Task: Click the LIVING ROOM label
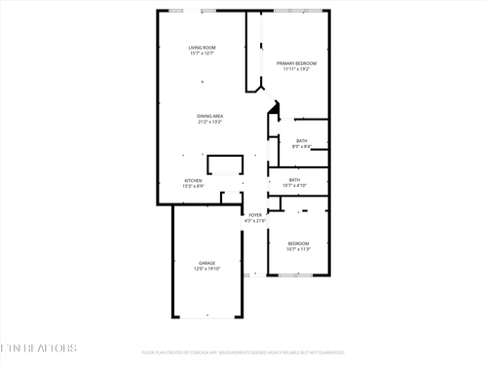pyautogui.click(x=202, y=48)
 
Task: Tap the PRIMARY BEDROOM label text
pyautogui.click(x=296, y=63)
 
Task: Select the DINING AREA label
pyautogui.click(x=210, y=117)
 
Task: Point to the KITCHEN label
pyautogui.click(x=194, y=180)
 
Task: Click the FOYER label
pyautogui.click(x=255, y=214)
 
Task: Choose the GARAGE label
pyautogui.click(x=206, y=263)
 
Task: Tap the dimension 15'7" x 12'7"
pyautogui.click(x=202, y=54)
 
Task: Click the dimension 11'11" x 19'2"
pyautogui.click(x=296, y=69)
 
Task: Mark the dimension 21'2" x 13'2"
pyautogui.click(x=210, y=123)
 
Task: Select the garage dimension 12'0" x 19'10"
pyautogui.click(x=206, y=269)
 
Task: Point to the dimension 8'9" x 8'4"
pyautogui.click(x=302, y=147)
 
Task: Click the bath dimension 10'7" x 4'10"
pyautogui.click(x=294, y=186)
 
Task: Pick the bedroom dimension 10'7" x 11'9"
pyautogui.click(x=298, y=249)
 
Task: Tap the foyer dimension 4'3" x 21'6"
pyautogui.click(x=255, y=220)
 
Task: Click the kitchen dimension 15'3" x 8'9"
pyautogui.click(x=194, y=186)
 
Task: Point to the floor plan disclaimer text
pyautogui.click(x=243, y=352)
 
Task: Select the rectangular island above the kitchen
pyautogui.click(x=224, y=164)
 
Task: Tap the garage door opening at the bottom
pyautogui.click(x=206, y=317)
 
